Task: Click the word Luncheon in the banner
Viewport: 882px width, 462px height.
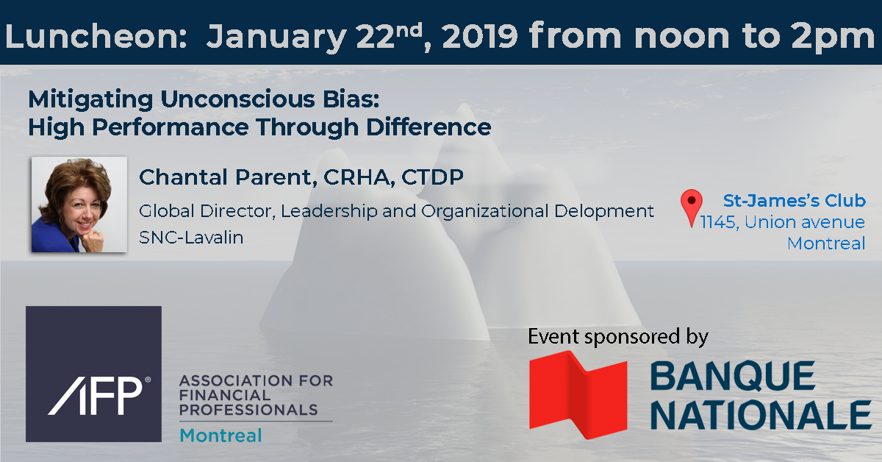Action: (96, 36)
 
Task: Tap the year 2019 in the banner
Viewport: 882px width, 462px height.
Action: (479, 36)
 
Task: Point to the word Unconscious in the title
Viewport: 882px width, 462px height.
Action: (238, 99)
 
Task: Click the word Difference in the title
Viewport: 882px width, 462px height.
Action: (429, 127)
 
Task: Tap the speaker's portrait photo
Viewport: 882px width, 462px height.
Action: (79, 205)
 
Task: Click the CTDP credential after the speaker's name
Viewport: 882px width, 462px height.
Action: (432, 177)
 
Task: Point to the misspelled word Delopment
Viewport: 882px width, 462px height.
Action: (604, 211)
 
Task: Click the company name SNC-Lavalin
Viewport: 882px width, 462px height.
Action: (191, 238)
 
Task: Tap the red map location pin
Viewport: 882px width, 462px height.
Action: (691, 207)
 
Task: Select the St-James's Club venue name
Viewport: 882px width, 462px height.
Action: (795, 201)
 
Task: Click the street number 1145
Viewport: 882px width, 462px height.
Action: (718, 222)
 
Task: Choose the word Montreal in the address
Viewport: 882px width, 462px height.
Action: (826, 244)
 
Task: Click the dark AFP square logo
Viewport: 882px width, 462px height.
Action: (94, 374)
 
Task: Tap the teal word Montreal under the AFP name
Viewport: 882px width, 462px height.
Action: (220, 436)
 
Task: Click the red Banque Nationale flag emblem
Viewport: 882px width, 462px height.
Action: (578, 394)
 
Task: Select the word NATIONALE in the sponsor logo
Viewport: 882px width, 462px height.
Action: (761, 415)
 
